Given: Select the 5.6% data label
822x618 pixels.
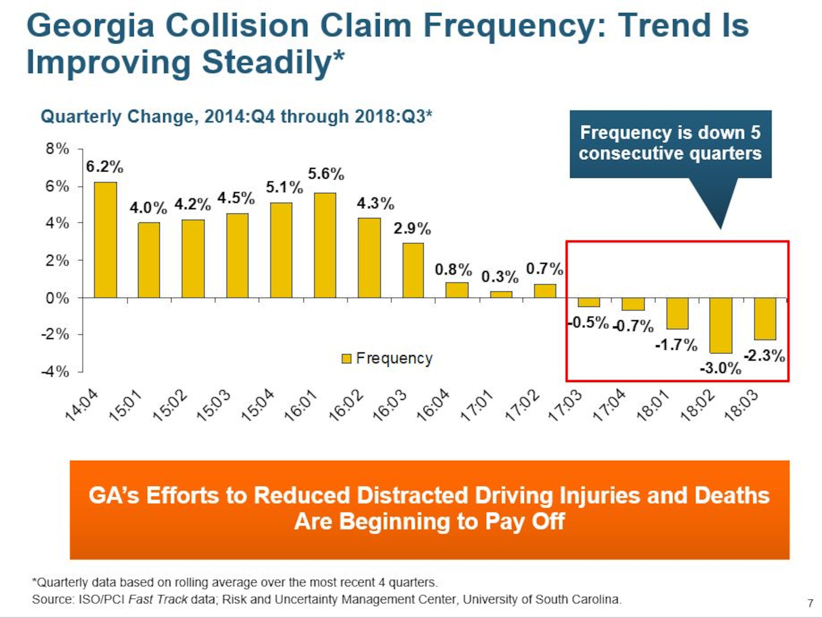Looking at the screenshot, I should click(326, 174).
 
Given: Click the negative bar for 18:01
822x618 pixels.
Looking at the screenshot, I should click(677, 313).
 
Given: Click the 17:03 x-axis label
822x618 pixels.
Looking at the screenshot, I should click(565, 406).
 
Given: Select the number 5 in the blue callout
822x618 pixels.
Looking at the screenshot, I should click(755, 133).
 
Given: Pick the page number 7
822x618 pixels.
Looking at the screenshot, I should click(810, 603).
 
